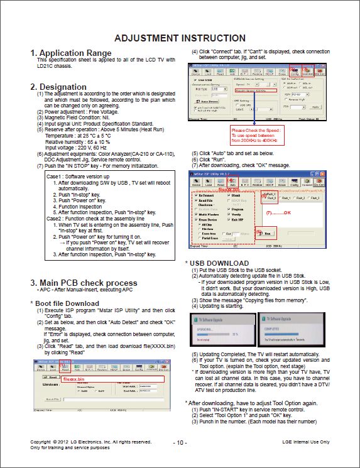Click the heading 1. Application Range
coord(71,53)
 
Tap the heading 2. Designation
coord(58,87)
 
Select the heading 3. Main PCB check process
coord(84,283)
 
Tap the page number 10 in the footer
coord(180,443)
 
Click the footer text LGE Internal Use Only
coord(306,442)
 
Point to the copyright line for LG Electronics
coord(90,442)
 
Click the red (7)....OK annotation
coord(280,214)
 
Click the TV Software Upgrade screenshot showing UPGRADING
coord(224,329)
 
